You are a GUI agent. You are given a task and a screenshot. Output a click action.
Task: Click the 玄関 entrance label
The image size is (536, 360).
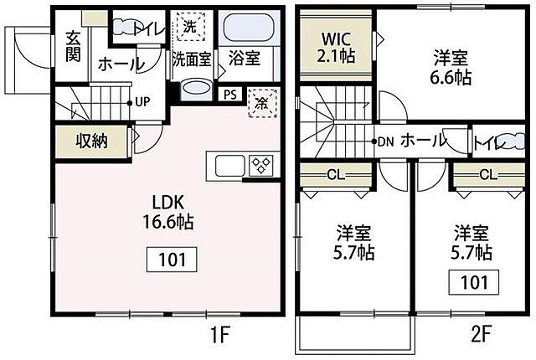coord(72,47)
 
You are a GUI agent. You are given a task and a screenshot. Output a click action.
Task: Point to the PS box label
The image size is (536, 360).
coord(229,94)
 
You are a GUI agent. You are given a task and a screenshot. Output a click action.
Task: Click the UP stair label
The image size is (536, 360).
coord(142,102)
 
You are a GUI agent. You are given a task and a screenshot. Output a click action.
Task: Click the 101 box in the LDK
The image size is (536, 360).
coord(173,259)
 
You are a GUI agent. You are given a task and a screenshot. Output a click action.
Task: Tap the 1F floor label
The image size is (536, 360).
coord(219,337)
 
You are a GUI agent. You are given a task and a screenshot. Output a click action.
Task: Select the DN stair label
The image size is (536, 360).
coord(386,141)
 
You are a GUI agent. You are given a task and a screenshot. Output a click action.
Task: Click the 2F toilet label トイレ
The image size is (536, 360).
coord(490,143)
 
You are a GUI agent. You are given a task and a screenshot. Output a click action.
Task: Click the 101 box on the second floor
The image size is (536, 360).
coord(475,282)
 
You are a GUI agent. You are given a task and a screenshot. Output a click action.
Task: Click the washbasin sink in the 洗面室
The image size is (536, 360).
coord(197,90)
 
